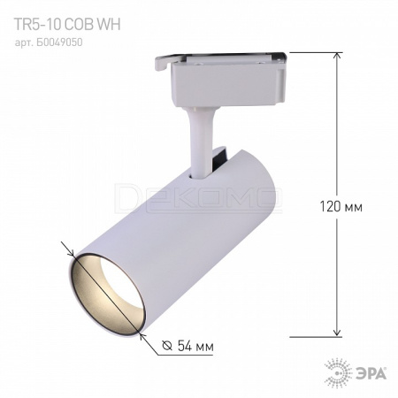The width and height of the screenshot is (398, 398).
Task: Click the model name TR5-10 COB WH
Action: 67,25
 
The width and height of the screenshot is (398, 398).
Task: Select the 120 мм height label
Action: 341,207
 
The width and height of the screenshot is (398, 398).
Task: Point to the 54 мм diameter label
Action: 195,346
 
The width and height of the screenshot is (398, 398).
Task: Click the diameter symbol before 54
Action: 167,346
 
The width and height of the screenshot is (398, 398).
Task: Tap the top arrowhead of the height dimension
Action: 338,56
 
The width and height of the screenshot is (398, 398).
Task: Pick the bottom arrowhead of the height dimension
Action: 338,333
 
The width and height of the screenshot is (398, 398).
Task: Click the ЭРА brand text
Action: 373,374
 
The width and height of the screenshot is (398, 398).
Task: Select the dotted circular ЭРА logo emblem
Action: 339,373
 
